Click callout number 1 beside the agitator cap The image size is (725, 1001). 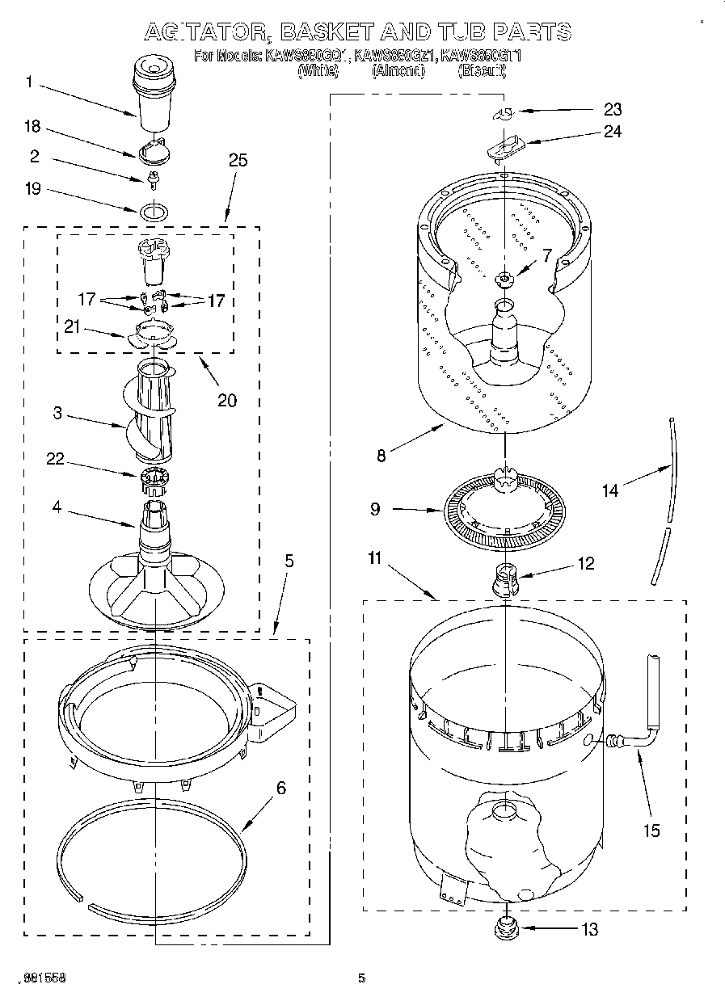[x=30, y=82]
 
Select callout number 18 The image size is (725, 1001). [x=33, y=127]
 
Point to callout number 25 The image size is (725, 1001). [x=238, y=160]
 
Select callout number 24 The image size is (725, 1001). [x=613, y=130]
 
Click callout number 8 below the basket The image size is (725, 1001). [x=381, y=454]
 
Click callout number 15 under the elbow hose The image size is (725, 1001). [x=651, y=830]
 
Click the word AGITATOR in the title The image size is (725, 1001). [x=209, y=32]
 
